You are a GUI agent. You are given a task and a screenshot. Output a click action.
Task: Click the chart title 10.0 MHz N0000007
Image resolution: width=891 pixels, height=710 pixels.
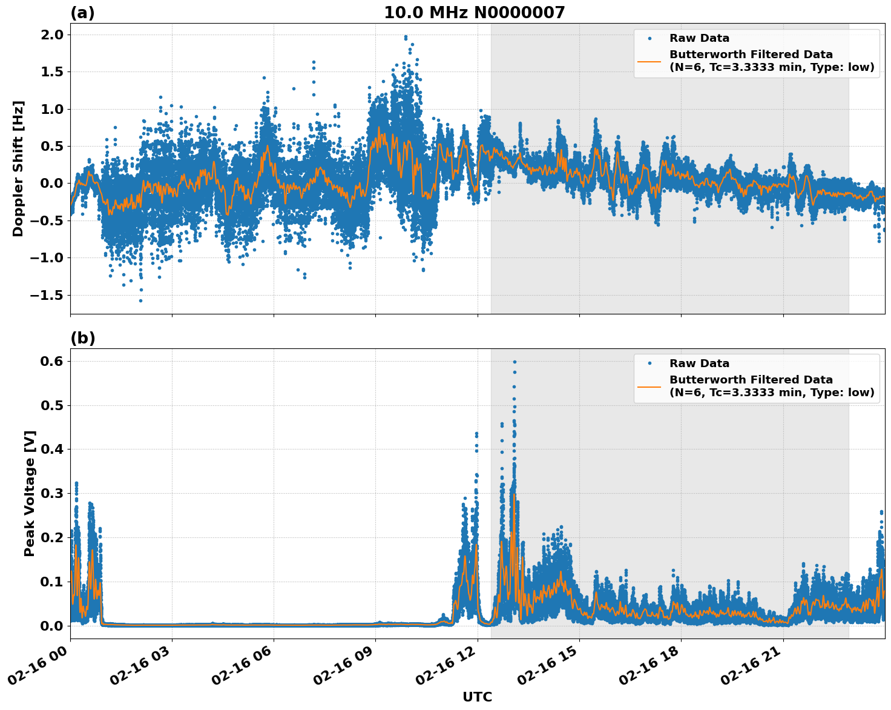(x=474, y=13)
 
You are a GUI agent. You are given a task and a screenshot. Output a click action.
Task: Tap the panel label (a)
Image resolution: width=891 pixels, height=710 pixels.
(x=82, y=13)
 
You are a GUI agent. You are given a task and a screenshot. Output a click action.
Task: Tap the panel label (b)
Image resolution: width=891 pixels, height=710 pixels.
(x=82, y=338)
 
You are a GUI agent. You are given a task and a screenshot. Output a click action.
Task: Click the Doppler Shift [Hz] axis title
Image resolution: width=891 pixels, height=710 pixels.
(x=18, y=168)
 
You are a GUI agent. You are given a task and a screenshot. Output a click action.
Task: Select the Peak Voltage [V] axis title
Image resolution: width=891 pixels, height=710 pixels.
(x=30, y=493)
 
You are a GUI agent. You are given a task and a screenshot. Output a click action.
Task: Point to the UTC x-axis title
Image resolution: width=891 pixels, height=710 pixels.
(x=477, y=697)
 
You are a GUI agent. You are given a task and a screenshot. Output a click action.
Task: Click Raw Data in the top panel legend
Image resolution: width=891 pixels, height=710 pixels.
(x=699, y=38)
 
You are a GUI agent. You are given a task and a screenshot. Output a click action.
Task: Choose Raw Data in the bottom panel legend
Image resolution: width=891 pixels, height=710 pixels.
(x=699, y=363)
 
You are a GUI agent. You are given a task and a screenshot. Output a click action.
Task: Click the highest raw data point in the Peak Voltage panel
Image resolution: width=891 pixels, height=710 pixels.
(x=515, y=362)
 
